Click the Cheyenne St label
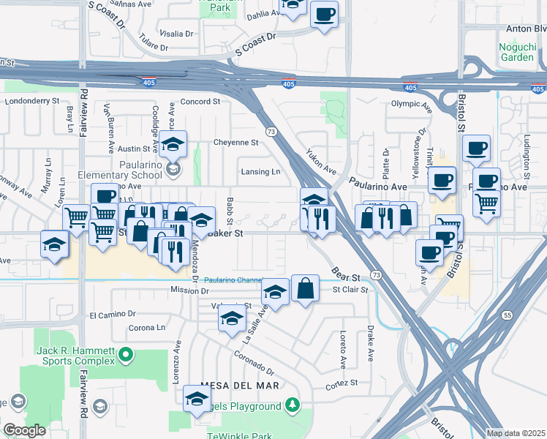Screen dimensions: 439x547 235,142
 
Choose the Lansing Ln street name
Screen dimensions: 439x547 261,172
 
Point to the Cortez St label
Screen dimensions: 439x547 342,383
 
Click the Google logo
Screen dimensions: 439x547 24,430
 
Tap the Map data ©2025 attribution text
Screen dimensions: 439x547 516,433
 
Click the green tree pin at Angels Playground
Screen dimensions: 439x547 293,405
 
